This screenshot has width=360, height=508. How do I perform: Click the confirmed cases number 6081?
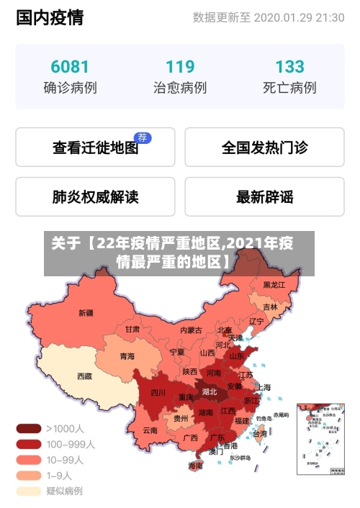point(70,67)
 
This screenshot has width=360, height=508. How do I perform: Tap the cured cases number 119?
point(180,67)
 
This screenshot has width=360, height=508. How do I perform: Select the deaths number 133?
point(289,67)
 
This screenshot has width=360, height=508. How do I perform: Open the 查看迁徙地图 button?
point(95,148)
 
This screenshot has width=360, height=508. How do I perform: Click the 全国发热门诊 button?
point(264,148)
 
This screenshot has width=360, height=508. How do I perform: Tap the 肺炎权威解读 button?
point(95,196)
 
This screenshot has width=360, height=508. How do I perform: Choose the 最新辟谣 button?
point(264,196)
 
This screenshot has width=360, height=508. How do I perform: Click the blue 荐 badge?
point(143,137)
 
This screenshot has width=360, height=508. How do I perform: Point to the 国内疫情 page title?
point(50,17)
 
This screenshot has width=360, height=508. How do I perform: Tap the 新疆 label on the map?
point(86,313)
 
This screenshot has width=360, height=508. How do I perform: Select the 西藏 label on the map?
point(84,376)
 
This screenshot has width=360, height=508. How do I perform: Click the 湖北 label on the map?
point(210,392)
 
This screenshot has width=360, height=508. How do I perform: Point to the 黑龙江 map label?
point(274,285)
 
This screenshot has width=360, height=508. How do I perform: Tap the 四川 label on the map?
point(158,393)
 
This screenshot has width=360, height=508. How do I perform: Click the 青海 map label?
point(127,356)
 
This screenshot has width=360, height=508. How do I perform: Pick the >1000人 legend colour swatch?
point(28,428)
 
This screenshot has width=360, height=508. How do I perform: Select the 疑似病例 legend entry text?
point(64,491)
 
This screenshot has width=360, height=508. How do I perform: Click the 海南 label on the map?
point(195,466)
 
